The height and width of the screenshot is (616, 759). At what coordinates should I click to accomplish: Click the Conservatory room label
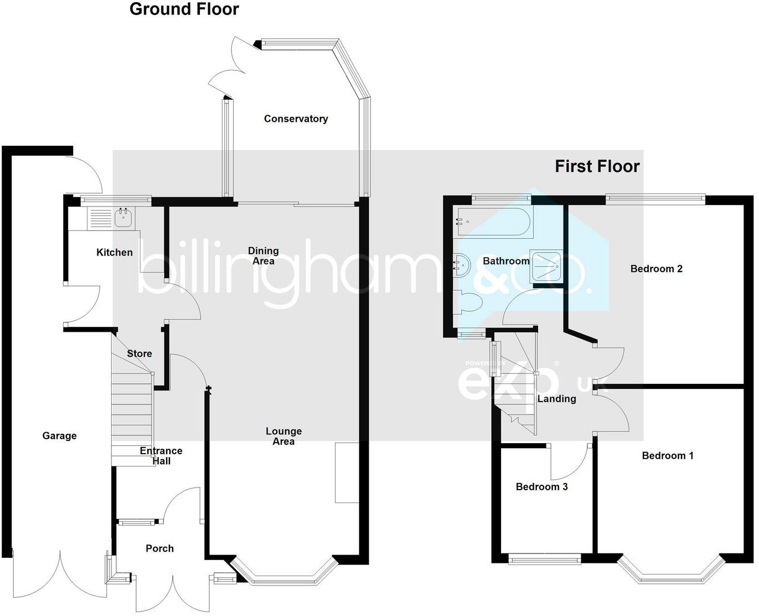(296, 119)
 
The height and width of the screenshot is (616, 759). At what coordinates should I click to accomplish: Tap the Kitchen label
(115, 253)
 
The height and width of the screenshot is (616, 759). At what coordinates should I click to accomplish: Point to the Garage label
(59, 435)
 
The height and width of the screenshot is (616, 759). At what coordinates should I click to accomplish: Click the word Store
(140, 353)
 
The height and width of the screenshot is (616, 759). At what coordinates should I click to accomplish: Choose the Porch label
(159, 548)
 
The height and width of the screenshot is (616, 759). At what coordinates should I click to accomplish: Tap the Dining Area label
(264, 255)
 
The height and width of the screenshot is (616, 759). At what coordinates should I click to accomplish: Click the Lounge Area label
(283, 436)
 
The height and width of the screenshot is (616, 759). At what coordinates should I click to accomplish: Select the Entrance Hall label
(161, 455)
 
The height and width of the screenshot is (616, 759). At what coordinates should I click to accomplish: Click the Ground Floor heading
(184, 9)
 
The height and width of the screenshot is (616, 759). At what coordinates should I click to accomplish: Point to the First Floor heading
(597, 167)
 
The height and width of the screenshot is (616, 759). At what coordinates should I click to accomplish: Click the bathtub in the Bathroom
(495, 223)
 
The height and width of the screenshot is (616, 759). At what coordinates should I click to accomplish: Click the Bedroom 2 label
(657, 269)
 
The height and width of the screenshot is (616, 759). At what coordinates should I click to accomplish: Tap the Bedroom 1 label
(668, 455)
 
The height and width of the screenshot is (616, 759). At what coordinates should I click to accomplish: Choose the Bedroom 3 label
(541, 486)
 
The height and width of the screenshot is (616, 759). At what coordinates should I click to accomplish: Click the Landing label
(556, 398)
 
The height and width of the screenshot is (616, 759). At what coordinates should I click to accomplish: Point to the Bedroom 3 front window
(545, 558)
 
